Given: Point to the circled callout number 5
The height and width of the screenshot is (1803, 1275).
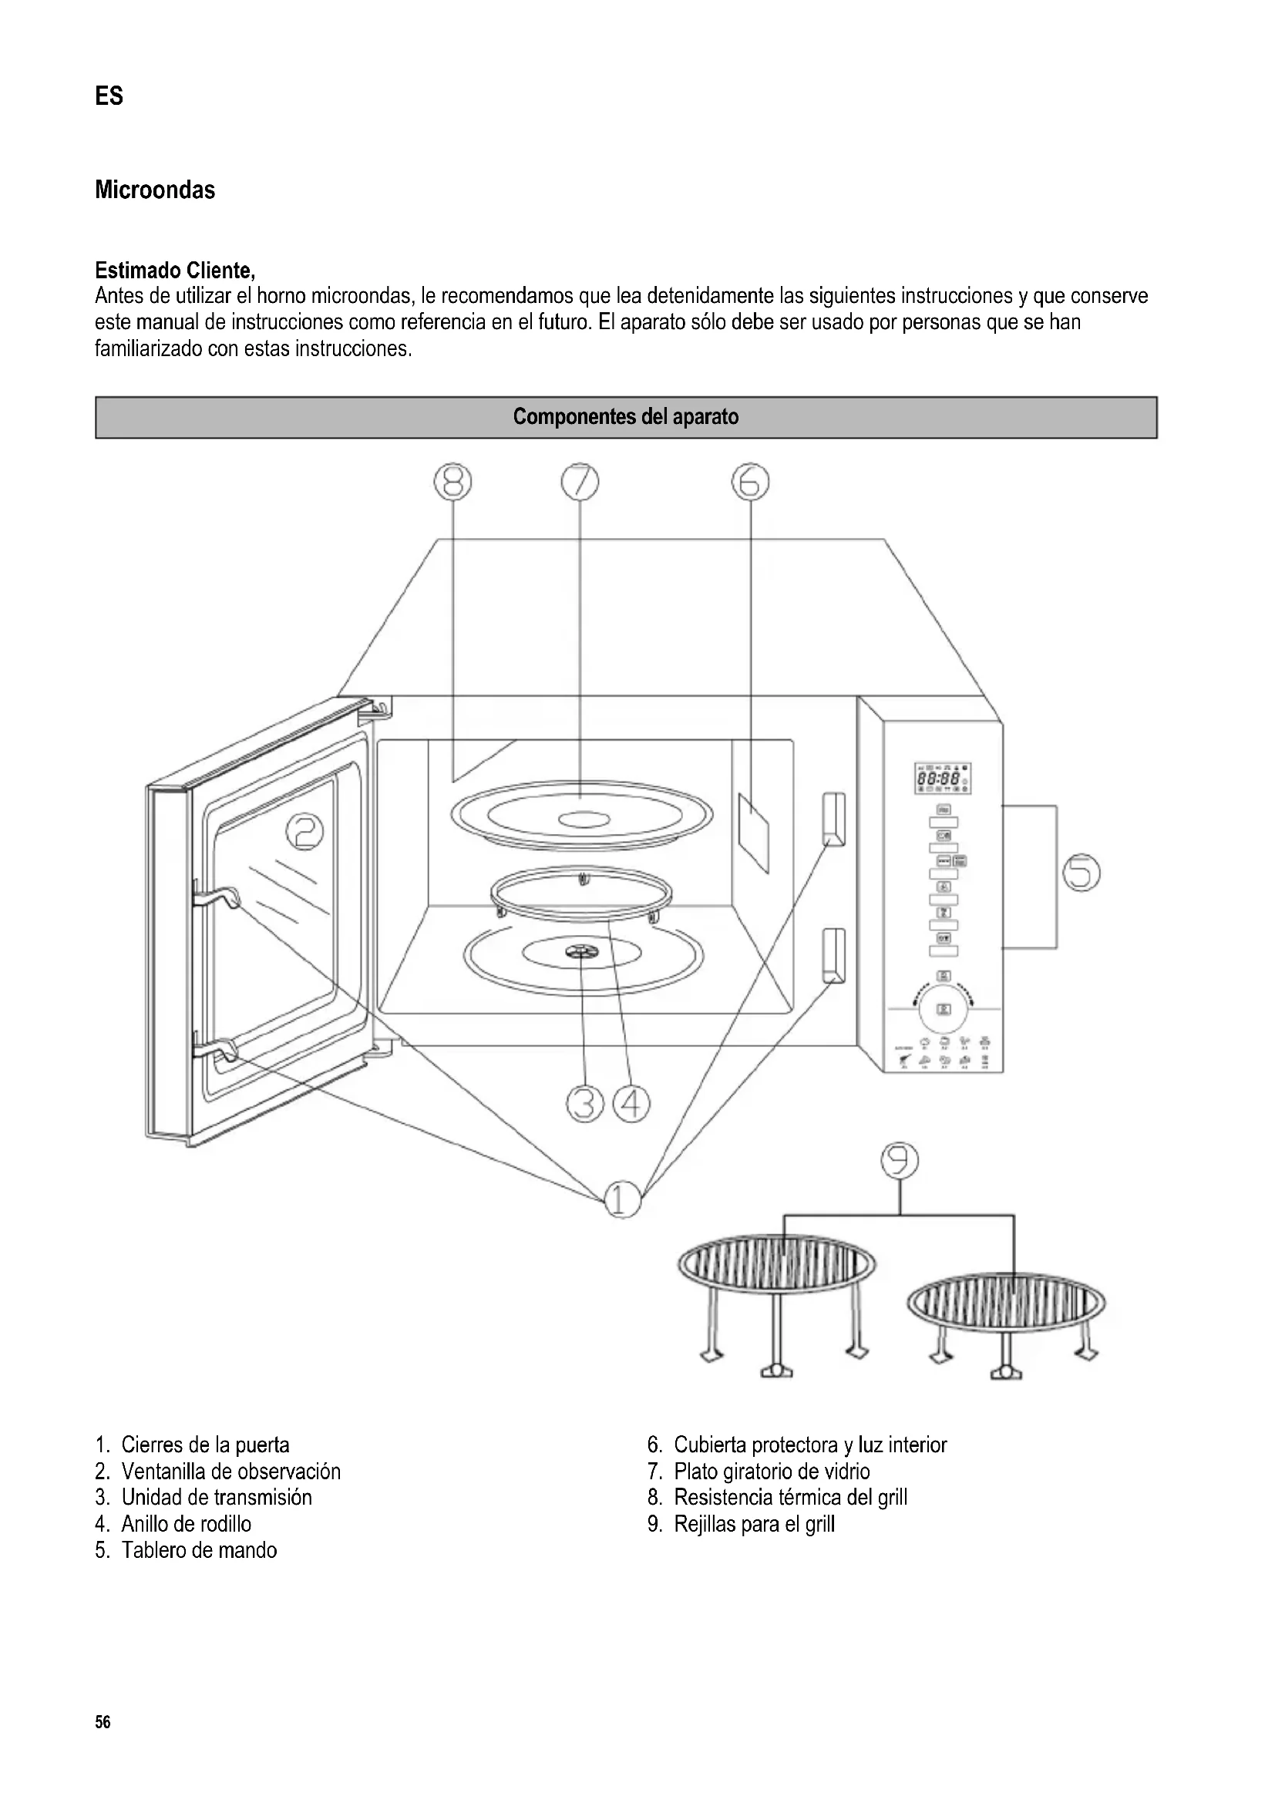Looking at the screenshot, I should point(1081,873).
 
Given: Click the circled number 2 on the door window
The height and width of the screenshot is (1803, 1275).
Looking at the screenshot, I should point(304,831).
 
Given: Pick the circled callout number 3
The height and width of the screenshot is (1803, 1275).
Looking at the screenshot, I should point(584,1103).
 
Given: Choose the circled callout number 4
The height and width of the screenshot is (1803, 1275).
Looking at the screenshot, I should point(632,1103).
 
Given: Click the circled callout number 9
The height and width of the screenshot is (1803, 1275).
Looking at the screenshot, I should point(899,1162).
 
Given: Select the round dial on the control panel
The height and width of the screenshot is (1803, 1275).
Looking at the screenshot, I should point(944,1008).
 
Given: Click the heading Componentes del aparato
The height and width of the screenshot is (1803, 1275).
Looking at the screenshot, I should point(626,417).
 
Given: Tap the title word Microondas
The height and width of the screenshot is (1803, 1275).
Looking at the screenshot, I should point(155,190).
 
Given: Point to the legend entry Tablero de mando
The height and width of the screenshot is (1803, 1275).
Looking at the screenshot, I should point(199,1550).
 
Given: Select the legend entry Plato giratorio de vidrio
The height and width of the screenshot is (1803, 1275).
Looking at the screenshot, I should point(771,1471).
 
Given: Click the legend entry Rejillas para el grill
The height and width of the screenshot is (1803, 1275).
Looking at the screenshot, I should point(754,1523).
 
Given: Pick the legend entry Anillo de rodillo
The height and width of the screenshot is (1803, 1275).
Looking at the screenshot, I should point(186,1523).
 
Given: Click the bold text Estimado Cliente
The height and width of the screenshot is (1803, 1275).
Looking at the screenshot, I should point(174,271).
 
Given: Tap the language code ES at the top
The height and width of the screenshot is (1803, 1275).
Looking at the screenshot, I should point(109,96).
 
